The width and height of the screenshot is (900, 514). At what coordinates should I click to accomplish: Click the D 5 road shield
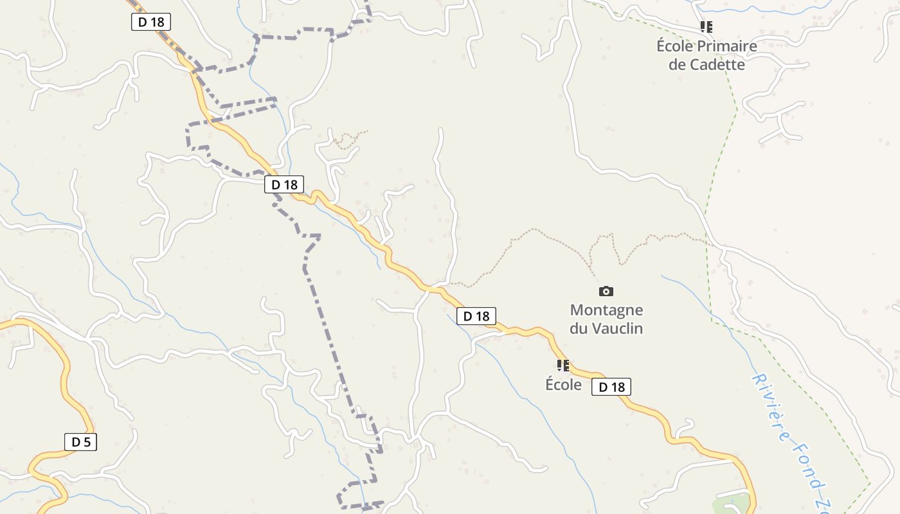click(x=80, y=442)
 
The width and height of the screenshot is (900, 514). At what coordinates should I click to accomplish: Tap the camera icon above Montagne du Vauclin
click(x=606, y=292)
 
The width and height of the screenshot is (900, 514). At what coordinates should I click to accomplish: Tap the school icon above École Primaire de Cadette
click(x=706, y=27)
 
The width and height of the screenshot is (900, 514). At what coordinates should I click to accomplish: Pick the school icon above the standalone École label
click(x=563, y=366)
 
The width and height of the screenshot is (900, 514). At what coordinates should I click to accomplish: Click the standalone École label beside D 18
click(x=563, y=385)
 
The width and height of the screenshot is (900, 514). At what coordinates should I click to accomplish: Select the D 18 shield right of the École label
click(x=611, y=387)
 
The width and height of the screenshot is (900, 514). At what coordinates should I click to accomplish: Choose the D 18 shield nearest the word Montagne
click(x=476, y=316)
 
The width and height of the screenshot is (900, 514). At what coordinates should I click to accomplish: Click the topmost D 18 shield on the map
click(x=151, y=22)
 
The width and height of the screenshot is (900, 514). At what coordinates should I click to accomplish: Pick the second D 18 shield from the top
click(x=284, y=185)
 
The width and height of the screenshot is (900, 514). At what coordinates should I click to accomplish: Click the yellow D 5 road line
click(x=66, y=379)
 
